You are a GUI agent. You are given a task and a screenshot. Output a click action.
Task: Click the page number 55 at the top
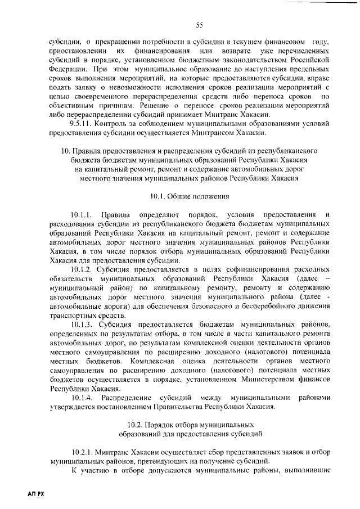(x=199, y=25)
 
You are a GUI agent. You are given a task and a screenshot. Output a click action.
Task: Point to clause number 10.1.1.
(x=83, y=215)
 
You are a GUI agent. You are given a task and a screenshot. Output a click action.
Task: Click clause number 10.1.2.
(x=83, y=269)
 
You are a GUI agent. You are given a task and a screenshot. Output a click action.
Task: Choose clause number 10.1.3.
(x=83, y=324)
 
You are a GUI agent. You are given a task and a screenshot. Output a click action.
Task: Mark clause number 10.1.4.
(x=83, y=397)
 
